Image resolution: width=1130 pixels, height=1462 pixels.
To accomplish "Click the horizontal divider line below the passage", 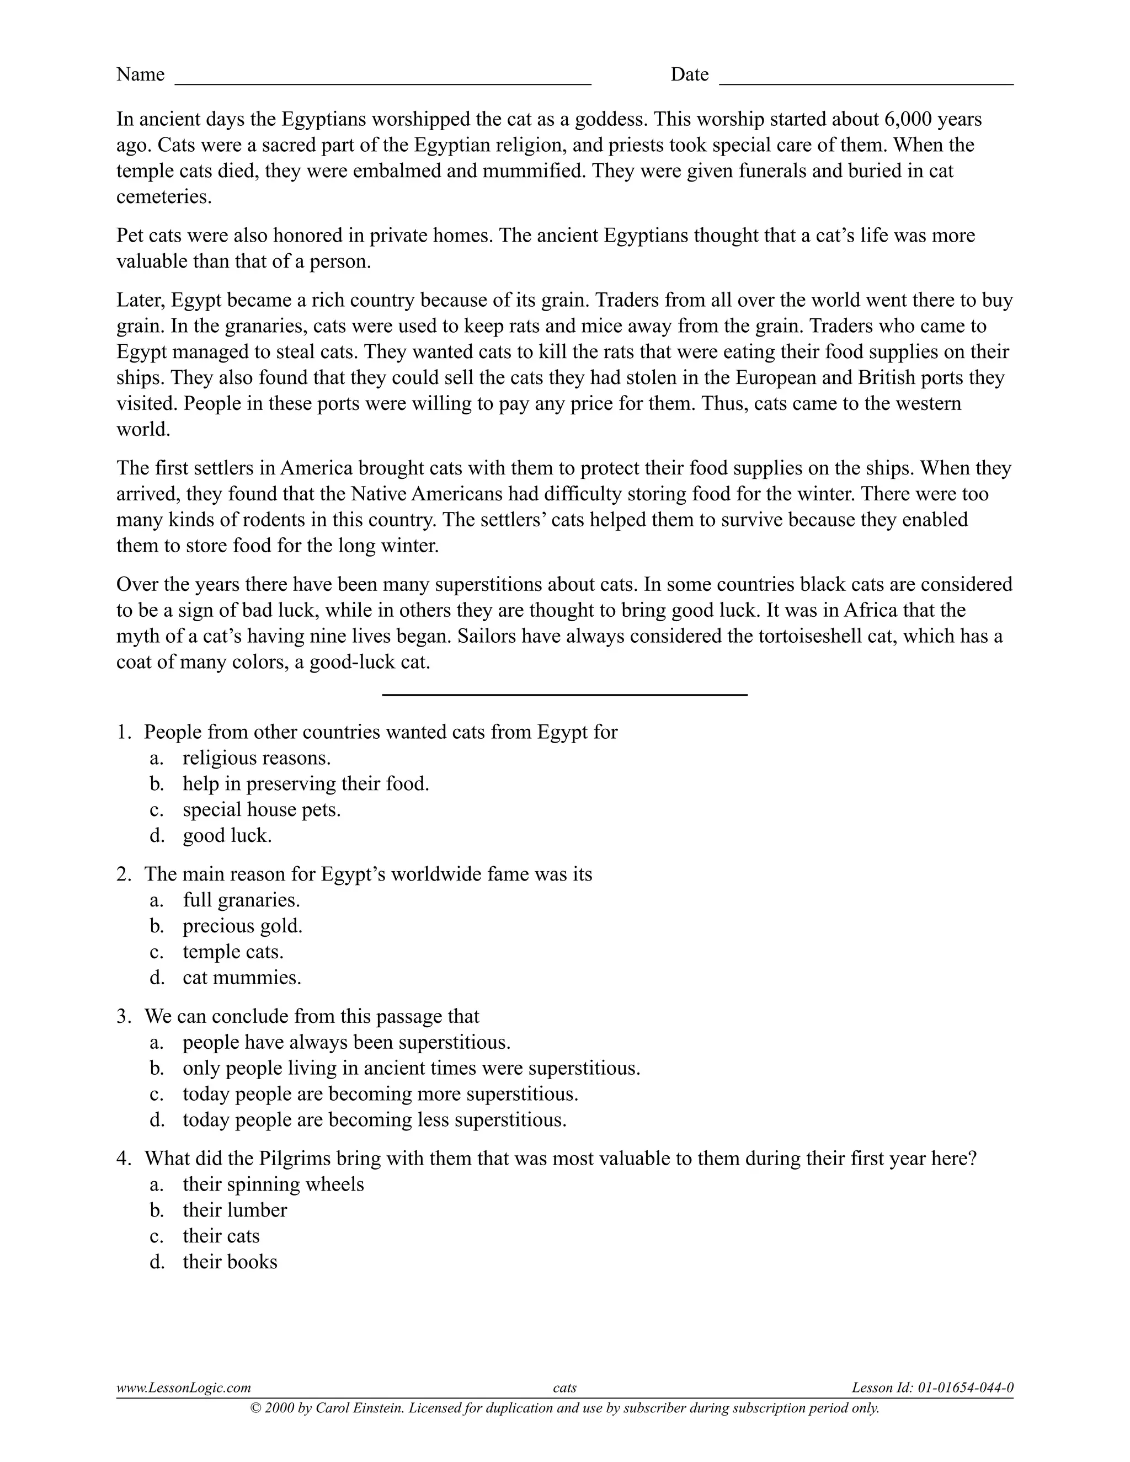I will click(564, 695).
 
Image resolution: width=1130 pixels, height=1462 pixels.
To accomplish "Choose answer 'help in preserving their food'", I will click(305, 783).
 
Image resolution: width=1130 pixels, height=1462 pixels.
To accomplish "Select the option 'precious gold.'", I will click(242, 926).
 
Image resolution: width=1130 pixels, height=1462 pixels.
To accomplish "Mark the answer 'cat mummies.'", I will click(242, 978).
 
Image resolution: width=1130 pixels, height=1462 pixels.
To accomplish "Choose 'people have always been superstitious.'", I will click(346, 1042).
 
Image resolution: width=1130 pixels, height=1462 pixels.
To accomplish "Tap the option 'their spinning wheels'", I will click(273, 1184).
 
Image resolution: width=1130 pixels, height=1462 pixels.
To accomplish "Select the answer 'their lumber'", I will click(234, 1210).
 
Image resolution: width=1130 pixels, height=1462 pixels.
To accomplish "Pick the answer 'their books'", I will click(230, 1262).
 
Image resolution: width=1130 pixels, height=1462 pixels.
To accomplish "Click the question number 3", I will click(123, 1016).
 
